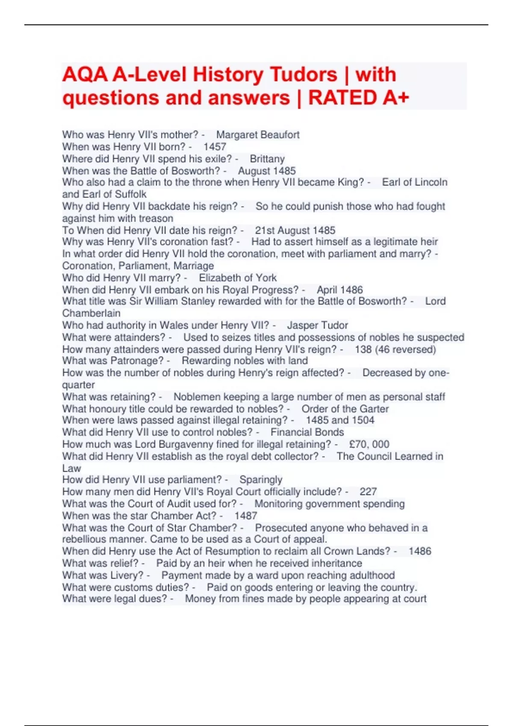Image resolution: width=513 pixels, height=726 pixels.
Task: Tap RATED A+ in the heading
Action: [358, 98]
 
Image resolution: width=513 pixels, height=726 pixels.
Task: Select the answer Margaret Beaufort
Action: [257, 135]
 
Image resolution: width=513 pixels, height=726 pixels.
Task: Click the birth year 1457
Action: [215, 147]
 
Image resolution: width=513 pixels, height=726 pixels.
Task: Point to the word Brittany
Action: [267, 159]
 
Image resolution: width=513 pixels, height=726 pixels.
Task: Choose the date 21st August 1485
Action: [295, 231]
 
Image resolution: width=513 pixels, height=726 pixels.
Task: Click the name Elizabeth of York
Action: [238, 278]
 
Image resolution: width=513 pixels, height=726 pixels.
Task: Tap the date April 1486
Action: [339, 290]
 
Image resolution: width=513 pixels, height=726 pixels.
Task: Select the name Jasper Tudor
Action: [317, 325]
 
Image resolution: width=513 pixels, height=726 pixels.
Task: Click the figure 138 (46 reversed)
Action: [395, 349]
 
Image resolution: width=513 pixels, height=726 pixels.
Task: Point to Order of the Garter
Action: [345, 409]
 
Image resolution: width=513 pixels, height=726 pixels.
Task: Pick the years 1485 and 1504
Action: [340, 420]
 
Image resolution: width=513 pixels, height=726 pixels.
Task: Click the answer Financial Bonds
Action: [307, 432]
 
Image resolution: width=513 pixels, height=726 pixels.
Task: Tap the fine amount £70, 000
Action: [369, 444]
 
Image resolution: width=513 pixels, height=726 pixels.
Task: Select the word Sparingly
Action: [261, 480]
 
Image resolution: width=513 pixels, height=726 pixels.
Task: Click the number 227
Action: [368, 492]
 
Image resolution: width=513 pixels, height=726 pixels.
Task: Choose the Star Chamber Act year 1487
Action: [246, 516]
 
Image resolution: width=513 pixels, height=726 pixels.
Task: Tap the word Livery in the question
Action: [127, 575]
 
